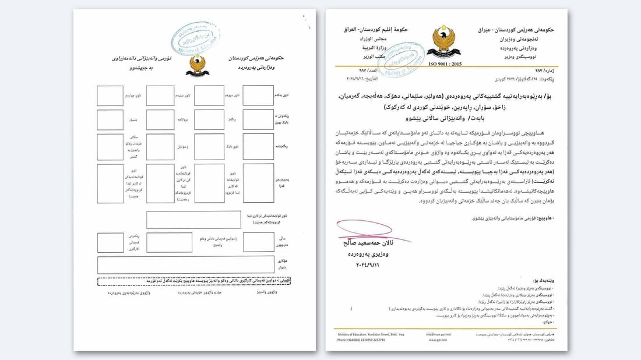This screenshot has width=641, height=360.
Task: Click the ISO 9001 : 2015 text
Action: [445, 63]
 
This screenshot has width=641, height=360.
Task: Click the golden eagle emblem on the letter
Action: [444, 42]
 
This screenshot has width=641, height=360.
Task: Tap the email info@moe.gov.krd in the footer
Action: [438, 334]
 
